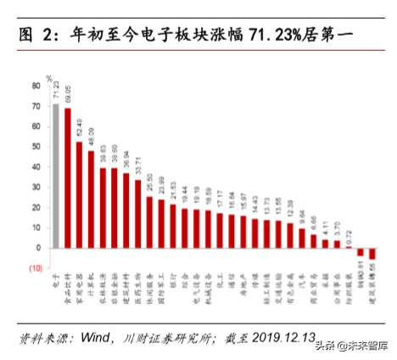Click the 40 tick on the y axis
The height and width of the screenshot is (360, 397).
pyautogui.click(x=36, y=166)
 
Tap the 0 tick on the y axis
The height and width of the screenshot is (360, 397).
pyautogui.click(x=39, y=248)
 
